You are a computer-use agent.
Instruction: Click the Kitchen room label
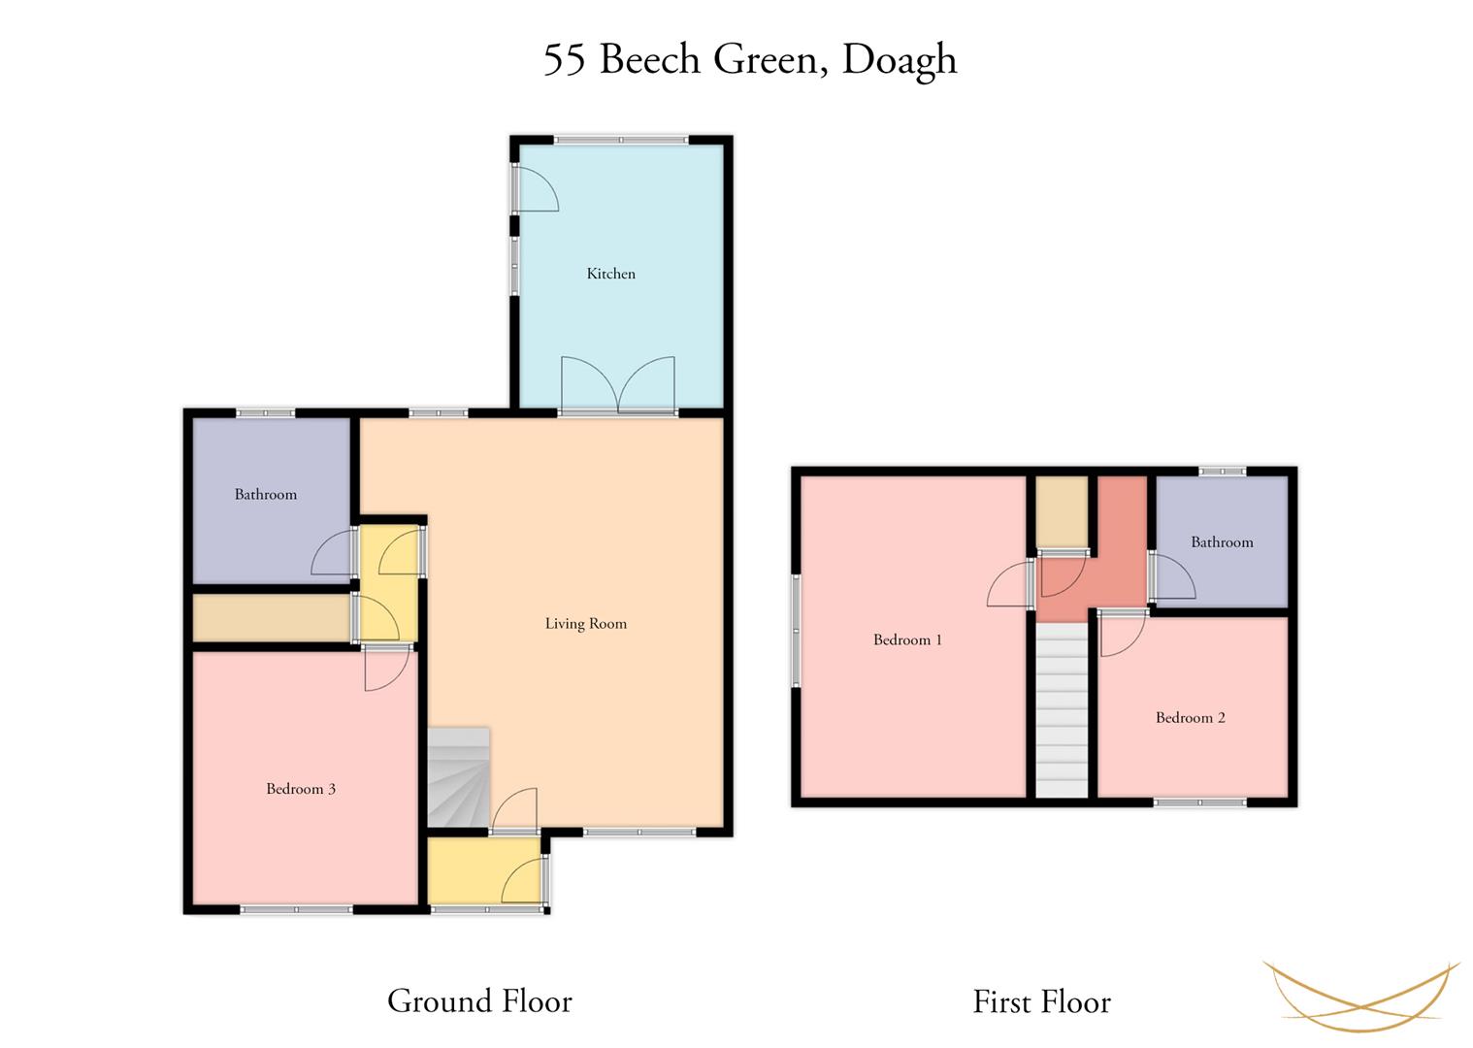610,274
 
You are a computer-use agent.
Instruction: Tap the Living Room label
585,624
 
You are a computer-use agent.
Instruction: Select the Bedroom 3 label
301,789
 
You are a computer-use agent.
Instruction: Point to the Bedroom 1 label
907,639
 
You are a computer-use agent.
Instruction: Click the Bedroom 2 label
1190,718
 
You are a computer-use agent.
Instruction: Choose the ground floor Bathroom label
265,494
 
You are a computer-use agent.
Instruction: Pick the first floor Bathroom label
1222,542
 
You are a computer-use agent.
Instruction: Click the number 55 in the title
564,60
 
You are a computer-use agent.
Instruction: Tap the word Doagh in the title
899,60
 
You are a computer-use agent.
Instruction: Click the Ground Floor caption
479,1000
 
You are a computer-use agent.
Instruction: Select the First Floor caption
1041,1001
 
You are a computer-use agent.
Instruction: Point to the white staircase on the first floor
1062,710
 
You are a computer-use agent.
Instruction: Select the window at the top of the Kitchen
621,141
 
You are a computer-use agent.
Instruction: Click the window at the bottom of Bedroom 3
296,909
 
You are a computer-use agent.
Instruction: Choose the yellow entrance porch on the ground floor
484,870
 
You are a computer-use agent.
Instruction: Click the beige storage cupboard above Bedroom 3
271,618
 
